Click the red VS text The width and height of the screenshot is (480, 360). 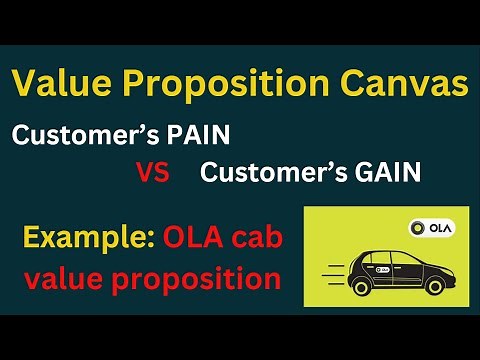(x=152, y=173)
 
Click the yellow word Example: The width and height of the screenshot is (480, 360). (x=85, y=238)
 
